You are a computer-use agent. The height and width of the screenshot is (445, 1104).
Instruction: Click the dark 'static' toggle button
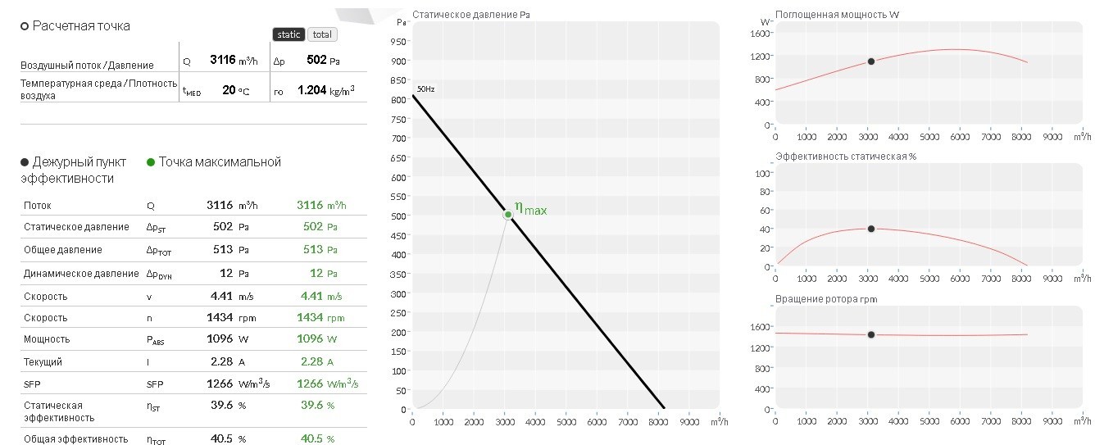point(288,34)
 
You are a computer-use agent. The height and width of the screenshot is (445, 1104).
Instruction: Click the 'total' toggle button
point(322,34)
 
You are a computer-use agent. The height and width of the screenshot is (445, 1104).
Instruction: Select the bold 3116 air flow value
point(223,60)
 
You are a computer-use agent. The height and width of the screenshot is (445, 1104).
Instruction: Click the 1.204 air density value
point(312,89)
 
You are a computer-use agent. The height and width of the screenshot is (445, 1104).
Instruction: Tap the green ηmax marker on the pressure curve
point(507,215)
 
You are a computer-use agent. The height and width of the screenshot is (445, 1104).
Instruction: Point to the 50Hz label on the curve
point(426,89)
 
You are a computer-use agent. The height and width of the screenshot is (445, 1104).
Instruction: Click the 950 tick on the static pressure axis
point(398,42)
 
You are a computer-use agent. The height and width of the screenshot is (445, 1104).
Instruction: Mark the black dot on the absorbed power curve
point(871,61)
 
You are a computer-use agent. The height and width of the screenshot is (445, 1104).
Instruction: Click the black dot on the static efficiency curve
point(871,229)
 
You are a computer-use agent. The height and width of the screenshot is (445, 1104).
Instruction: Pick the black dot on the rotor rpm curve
point(871,334)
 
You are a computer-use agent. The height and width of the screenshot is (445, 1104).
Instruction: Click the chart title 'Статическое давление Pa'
point(470,15)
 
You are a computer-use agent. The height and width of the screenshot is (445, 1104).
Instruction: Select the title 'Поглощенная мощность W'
point(837,15)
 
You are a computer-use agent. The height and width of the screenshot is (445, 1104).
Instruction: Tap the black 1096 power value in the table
point(220,338)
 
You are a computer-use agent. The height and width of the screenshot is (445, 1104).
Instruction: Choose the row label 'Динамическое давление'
point(81,274)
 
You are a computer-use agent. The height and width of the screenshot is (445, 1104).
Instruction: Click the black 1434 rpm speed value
point(220,317)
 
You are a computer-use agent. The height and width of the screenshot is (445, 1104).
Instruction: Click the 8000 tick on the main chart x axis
point(658,422)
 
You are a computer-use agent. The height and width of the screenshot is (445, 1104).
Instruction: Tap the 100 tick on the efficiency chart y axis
point(762,174)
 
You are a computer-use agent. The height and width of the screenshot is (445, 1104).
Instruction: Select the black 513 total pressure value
point(223,249)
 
